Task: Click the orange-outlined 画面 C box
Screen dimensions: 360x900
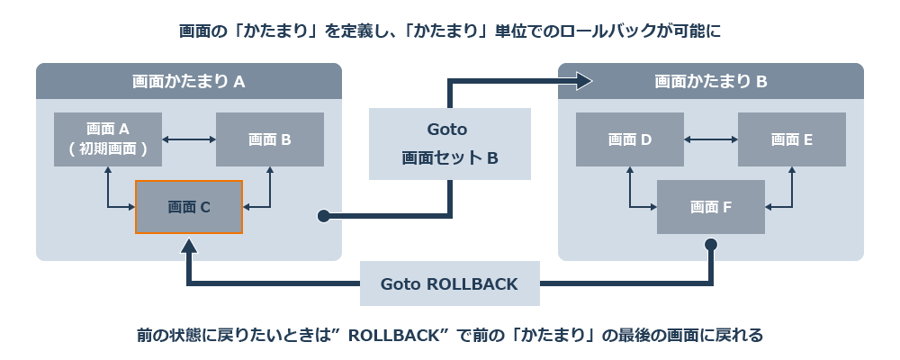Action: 188,207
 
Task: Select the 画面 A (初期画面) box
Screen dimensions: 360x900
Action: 108,139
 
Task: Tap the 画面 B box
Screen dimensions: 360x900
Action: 269,139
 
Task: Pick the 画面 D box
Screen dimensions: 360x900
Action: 629,139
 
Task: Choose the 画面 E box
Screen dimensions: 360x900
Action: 791,139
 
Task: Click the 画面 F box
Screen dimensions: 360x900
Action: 710,207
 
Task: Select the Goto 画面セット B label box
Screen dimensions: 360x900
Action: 449,144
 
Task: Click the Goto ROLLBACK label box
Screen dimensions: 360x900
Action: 449,284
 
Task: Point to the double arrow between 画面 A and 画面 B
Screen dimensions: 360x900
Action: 189,139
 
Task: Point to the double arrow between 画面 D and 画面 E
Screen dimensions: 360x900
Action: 710,139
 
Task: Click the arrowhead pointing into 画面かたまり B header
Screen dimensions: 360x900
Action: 584,82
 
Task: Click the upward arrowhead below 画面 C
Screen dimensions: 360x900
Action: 188,246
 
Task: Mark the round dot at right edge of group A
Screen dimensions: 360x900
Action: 322,216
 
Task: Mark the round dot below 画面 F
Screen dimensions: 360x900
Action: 710,244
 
